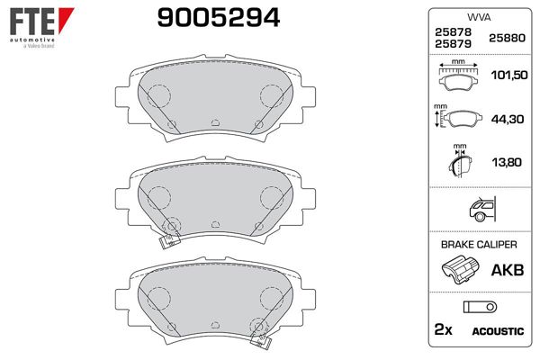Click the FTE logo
[41, 27]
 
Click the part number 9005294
[219, 18]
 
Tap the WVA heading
[479, 17]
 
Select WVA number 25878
[453, 32]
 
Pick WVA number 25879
[453, 44]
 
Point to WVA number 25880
[507, 38]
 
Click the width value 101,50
[509, 75]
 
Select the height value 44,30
[508, 119]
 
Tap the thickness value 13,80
[507, 162]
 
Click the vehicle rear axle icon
[482, 209]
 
